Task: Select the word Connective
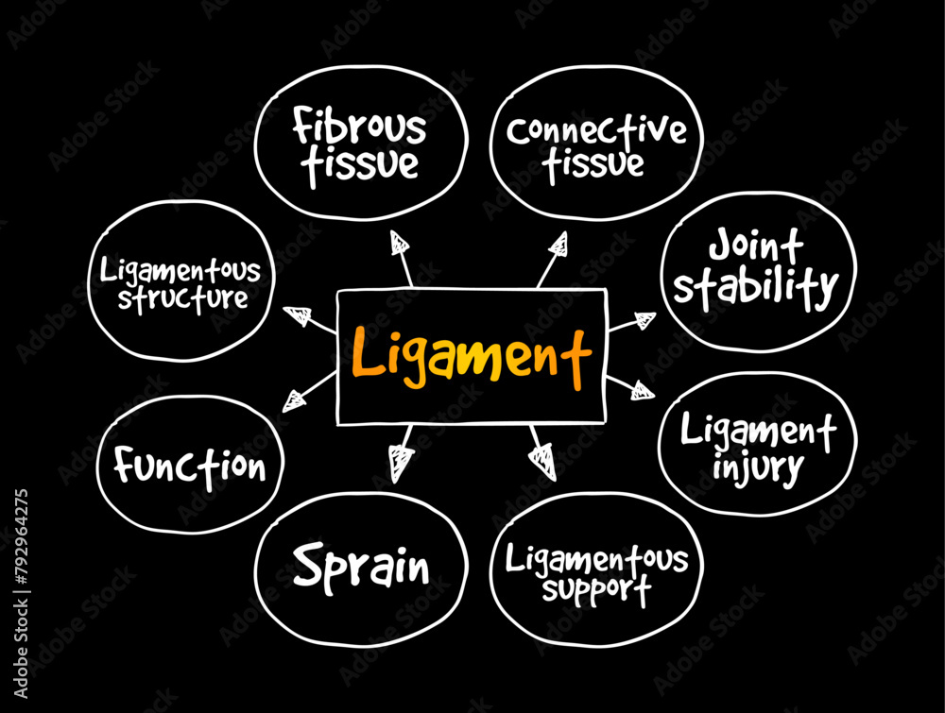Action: coord(595,129)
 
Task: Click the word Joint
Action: coord(757,247)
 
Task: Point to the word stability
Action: coord(756,287)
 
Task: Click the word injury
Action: coord(758,467)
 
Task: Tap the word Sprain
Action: coord(361,567)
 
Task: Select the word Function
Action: coord(190,466)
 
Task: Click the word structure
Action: coord(176,299)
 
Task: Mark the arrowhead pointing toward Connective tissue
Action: coord(559,245)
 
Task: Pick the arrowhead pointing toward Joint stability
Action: coord(644,320)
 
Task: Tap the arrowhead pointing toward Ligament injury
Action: coord(643,390)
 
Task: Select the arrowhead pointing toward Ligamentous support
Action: coord(543,460)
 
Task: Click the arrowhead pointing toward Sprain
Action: coord(402,462)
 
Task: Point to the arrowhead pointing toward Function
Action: coord(295,400)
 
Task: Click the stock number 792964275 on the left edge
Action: coord(22,586)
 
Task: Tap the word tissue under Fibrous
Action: coord(359,163)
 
